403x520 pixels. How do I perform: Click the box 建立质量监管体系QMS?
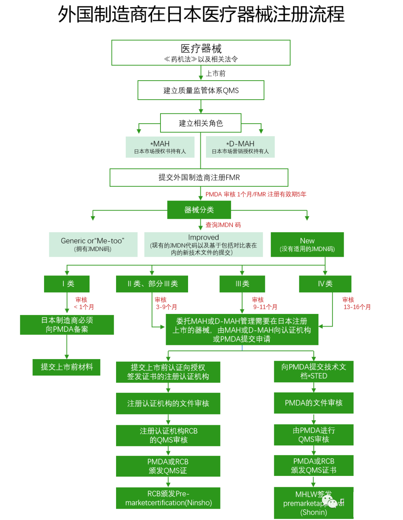201,90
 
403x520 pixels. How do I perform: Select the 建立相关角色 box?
201,123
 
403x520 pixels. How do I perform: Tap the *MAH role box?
160,147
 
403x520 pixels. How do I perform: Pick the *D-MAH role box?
240,147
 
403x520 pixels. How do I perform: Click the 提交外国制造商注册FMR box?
199,177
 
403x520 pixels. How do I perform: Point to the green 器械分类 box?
199,210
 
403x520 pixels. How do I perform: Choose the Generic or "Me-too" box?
93,245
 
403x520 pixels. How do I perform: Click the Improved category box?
203,245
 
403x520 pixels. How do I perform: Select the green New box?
307,245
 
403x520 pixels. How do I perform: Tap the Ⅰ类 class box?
67,284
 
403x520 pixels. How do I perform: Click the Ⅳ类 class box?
325,284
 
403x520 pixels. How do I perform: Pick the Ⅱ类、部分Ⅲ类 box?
152,284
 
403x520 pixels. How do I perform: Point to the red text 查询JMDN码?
223,225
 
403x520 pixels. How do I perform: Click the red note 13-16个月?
357,307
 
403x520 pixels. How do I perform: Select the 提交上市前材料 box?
66,367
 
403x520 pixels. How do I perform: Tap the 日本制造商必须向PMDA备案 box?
67,325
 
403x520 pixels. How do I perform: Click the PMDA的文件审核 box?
313,403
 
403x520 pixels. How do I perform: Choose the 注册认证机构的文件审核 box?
168,404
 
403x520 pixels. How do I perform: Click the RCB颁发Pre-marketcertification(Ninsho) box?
168,498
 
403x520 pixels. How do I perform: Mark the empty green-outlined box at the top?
201,53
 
